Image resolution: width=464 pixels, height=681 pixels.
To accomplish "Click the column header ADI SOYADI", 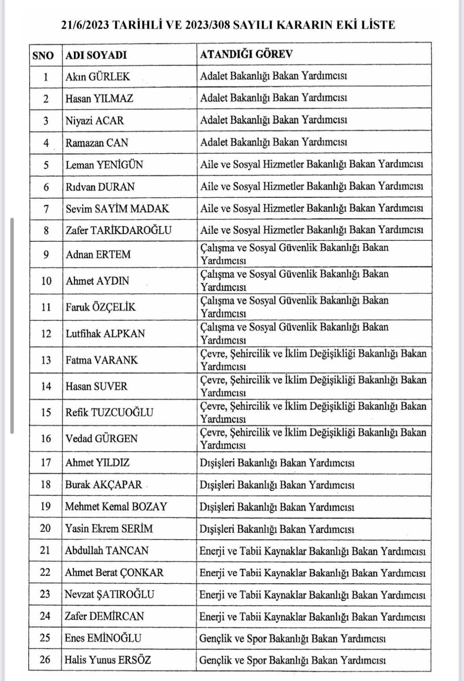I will pyautogui.click(x=96, y=55).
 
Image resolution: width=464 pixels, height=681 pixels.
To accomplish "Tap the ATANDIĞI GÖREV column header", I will pyautogui.click(x=246, y=54).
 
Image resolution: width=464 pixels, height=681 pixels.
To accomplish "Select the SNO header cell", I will pyautogui.click(x=43, y=55).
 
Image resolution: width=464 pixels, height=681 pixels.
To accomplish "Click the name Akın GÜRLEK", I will pyautogui.click(x=98, y=76).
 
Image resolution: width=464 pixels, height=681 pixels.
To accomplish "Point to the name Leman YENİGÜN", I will pyautogui.click(x=104, y=165).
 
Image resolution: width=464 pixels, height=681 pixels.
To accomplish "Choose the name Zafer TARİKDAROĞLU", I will pyautogui.click(x=118, y=230).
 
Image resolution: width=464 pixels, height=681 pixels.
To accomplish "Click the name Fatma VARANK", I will pyautogui.click(x=102, y=360).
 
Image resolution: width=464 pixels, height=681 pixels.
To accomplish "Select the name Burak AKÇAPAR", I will pyautogui.click(x=104, y=485).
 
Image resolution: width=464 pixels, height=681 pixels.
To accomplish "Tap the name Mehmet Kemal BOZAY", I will pyautogui.click(x=116, y=507).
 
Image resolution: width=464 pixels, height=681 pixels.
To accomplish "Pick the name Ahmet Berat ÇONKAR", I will pyautogui.click(x=114, y=572).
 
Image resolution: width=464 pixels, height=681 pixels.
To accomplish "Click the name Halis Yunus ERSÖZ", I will pyautogui.click(x=108, y=660).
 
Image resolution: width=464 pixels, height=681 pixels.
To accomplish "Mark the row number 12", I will pyautogui.click(x=46, y=334).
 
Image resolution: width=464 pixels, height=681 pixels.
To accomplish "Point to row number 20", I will pyautogui.click(x=45, y=528).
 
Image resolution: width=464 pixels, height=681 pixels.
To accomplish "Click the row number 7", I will pyautogui.click(x=46, y=209).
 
